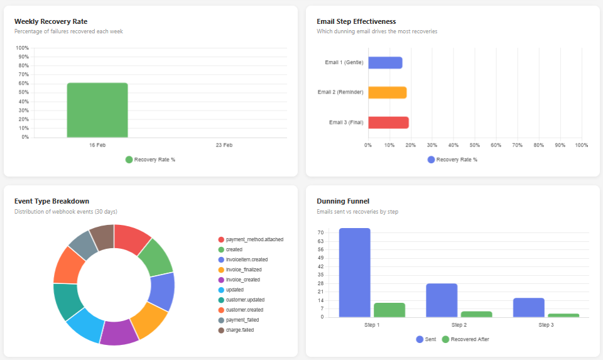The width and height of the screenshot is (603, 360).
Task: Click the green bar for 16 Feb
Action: pyautogui.click(x=97, y=110)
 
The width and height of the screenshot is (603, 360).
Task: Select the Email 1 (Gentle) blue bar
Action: pyautogui.click(x=385, y=63)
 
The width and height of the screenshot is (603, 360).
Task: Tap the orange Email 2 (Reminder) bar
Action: pyautogui.click(x=387, y=92)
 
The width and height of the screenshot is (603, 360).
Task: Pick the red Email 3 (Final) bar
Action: pyautogui.click(x=388, y=123)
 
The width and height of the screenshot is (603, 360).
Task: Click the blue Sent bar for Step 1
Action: pyautogui.click(x=354, y=273)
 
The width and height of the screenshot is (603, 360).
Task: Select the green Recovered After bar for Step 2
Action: pyautogui.click(x=476, y=314)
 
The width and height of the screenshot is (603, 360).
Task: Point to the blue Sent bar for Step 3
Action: pyautogui.click(x=528, y=307)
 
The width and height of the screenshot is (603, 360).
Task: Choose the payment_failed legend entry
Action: pyautogui.click(x=242, y=320)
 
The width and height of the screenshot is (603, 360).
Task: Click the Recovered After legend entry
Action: pyautogui.click(x=465, y=339)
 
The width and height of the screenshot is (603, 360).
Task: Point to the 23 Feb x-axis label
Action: pyautogui.click(x=224, y=145)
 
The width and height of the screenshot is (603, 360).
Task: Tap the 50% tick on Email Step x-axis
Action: pyautogui.click(x=474, y=145)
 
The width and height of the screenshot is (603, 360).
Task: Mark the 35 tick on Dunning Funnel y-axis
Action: pyautogui.click(x=320, y=275)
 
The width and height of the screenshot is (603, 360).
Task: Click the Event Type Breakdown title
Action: pyautogui.click(x=52, y=201)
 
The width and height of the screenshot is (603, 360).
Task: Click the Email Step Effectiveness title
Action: pyautogui.click(x=356, y=21)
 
